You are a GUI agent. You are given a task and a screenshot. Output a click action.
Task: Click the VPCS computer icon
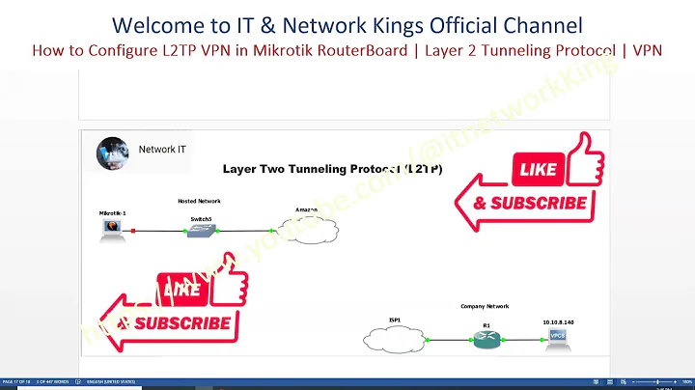pos(557,337)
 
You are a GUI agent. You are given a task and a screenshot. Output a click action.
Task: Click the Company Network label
pos(486,305)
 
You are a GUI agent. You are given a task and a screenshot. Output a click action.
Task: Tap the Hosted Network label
pos(199,201)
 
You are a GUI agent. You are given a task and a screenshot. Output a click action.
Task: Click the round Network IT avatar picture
pos(113,152)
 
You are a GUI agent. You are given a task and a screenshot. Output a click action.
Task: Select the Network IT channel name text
pos(156,150)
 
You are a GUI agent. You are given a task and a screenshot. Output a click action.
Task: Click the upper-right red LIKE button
pos(538,170)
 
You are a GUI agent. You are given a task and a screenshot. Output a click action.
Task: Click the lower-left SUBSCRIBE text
pos(184,322)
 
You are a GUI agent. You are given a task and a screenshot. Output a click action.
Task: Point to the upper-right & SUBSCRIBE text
pos(529,203)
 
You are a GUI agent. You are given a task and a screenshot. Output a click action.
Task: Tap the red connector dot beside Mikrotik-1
pos(133,231)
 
